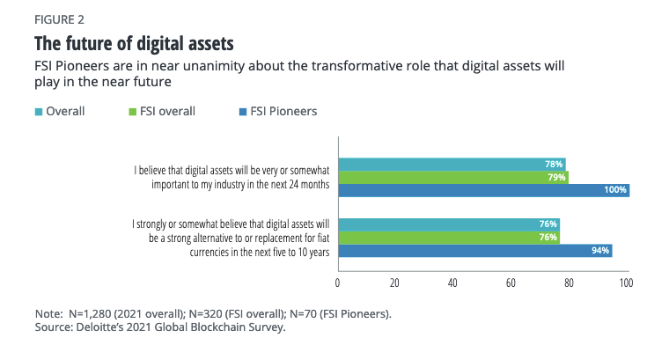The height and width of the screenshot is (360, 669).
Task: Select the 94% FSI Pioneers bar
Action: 474,251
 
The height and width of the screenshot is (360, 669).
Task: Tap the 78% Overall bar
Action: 451,164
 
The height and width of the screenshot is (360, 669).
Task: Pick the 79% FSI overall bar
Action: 452,177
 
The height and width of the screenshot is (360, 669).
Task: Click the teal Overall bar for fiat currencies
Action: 448,224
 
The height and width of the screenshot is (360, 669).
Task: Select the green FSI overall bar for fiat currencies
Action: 448,238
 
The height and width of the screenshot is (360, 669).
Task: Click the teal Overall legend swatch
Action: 38,112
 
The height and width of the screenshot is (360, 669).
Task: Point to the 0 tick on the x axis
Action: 338,283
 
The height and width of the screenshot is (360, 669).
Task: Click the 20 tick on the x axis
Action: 395,283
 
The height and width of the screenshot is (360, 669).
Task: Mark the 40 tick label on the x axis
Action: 452,283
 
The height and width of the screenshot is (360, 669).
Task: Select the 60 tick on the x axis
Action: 511,283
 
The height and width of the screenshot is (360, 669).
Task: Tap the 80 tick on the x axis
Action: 568,283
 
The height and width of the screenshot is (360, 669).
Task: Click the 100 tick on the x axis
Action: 625,283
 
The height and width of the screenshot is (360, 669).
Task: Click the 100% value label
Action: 614,189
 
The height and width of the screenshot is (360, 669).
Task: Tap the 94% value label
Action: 599,251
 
